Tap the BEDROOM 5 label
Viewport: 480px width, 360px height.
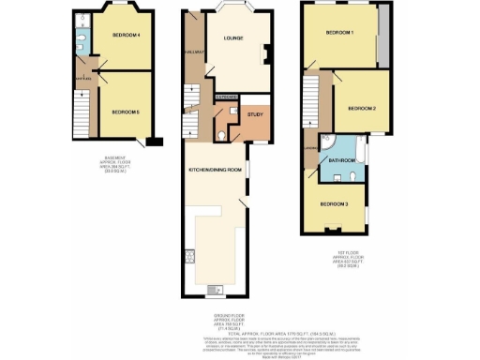[x=126, y=112]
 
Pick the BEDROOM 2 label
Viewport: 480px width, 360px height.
[x=362, y=108]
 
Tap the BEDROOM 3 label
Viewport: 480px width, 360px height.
[x=335, y=203]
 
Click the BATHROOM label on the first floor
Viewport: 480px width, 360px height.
[x=342, y=160]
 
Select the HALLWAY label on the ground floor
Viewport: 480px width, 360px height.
[x=195, y=52]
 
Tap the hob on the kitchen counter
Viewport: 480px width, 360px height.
[x=190, y=260]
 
